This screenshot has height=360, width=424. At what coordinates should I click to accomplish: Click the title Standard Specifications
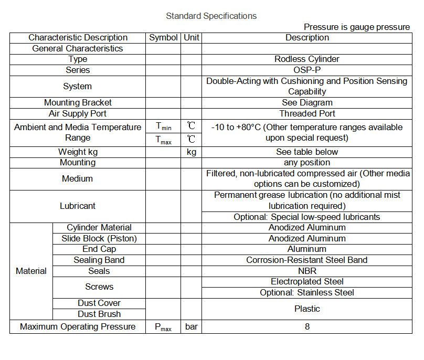coord(211,16)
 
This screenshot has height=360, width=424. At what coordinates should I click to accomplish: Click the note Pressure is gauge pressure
coord(357,27)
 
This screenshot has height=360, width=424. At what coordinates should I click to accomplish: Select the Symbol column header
coord(163,38)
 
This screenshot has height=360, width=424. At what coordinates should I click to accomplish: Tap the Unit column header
coord(192,38)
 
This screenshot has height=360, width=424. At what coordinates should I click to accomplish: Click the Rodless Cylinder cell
coord(307,59)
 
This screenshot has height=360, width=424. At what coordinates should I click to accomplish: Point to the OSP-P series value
coord(307,70)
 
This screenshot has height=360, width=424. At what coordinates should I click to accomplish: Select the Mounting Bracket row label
coord(78,103)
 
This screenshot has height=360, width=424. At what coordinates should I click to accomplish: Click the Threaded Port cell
coord(307,114)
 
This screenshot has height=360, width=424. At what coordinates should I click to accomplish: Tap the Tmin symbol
coord(163,126)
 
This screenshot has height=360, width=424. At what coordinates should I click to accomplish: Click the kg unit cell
coord(192,152)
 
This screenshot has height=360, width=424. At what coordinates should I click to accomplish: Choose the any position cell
coord(307,163)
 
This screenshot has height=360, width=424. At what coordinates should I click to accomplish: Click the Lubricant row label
coord(78,206)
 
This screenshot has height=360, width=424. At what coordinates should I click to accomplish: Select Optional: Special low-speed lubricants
coord(307,217)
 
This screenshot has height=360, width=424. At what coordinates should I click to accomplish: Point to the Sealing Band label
coord(99,260)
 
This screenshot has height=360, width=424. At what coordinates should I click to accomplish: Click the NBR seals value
coord(307,271)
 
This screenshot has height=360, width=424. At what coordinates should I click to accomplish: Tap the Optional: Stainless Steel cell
coord(307,293)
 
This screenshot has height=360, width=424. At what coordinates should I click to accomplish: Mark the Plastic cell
coord(307,309)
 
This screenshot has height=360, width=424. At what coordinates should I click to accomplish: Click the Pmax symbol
coord(163,327)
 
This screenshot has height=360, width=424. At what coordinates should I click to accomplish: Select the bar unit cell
coord(192,327)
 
